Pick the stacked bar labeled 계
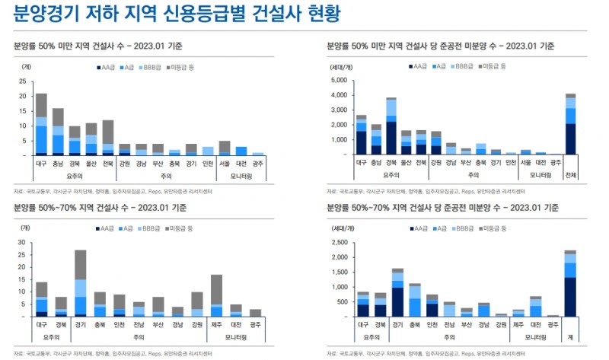571,283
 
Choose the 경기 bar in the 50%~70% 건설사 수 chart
80,282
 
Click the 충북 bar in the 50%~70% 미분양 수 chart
414,301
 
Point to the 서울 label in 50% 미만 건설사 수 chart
225,163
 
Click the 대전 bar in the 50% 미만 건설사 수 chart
241,151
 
